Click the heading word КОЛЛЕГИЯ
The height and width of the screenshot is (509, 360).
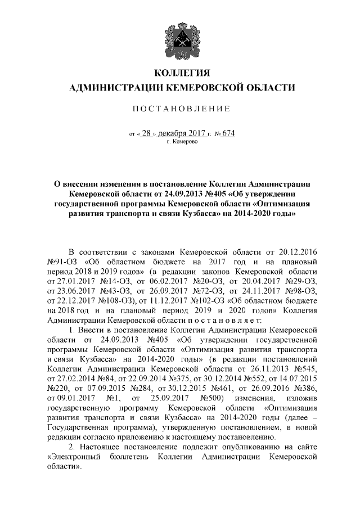(182, 73)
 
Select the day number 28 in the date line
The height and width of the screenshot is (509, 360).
(146, 134)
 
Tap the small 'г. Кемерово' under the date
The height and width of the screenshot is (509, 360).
(182, 143)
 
